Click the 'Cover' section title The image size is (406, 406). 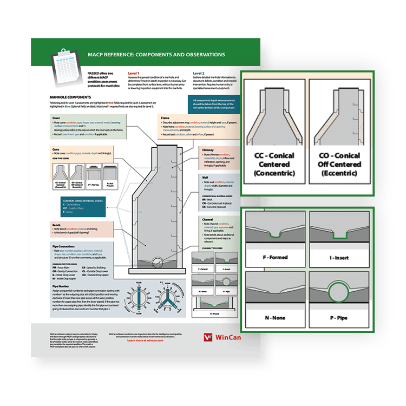[56, 117]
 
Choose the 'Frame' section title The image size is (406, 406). [166, 117]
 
